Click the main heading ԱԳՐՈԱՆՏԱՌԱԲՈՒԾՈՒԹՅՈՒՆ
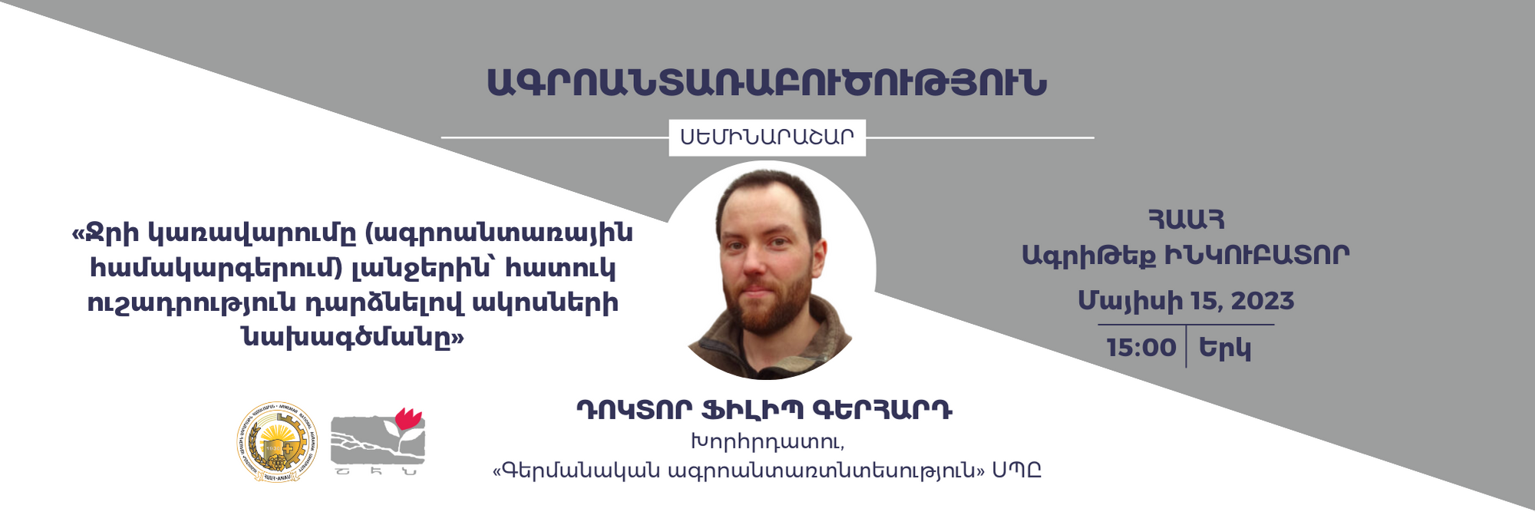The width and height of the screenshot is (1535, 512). click(767, 83)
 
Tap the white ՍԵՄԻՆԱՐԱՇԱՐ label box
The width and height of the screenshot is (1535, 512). click(767, 137)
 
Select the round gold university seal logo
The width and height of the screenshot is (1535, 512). click(277, 443)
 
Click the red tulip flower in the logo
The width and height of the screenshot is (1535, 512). click(408, 421)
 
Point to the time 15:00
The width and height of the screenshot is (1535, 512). click(1141, 348)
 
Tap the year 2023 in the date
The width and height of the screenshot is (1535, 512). click(1262, 301)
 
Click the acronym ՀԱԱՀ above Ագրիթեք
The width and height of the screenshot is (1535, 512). click(1186, 220)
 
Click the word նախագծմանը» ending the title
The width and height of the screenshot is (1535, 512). click(352, 336)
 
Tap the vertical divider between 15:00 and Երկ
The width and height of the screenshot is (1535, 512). click(1186, 347)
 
